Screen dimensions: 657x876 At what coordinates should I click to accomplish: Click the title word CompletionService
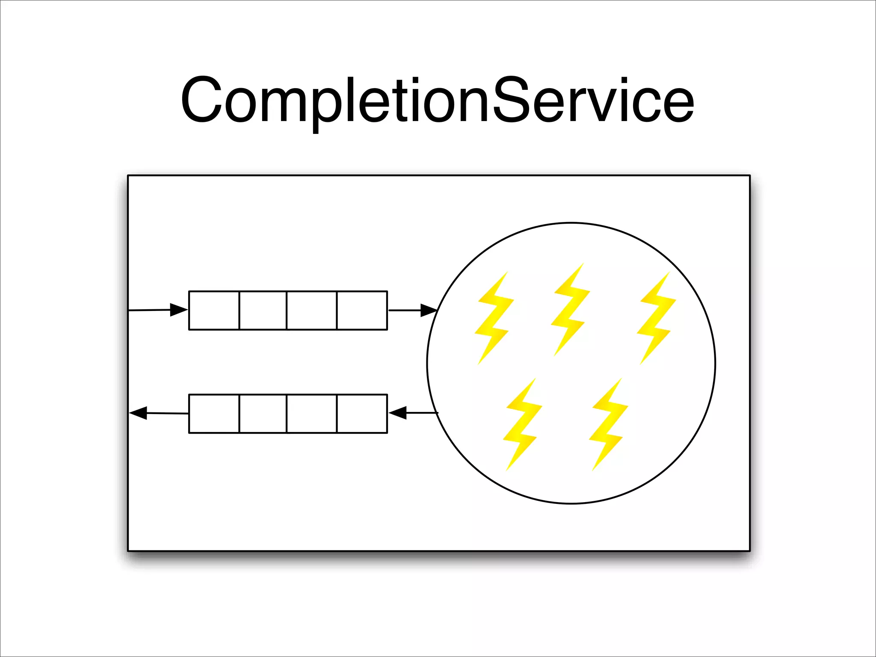tap(437, 101)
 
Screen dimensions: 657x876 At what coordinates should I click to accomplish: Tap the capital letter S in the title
tap(512, 99)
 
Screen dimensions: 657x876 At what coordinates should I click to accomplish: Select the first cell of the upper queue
tap(214, 311)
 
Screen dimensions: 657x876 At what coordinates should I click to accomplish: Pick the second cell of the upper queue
tap(263, 311)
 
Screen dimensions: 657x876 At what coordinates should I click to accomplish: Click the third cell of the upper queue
tap(312, 311)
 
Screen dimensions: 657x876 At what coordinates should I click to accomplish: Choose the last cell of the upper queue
tap(362, 311)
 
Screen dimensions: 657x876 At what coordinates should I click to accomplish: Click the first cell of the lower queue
tap(214, 414)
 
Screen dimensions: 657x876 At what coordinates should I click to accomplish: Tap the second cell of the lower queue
tap(263, 414)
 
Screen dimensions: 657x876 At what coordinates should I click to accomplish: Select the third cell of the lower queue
tap(312, 414)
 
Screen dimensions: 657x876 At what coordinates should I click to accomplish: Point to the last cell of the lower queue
tap(362, 414)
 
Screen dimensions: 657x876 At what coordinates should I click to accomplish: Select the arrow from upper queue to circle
tap(412, 310)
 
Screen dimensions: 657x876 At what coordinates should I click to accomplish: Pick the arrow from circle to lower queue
tap(413, 413)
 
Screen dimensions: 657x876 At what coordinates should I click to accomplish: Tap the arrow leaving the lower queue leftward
tap(158, 413)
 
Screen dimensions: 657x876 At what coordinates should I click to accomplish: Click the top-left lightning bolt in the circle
tap(494, 319)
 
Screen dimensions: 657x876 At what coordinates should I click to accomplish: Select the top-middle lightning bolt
tap(570, 310)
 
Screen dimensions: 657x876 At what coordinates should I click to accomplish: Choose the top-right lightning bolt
tap(656, 319)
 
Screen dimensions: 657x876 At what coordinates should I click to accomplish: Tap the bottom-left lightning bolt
tap(522, 425)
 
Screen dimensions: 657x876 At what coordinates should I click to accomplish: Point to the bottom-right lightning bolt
tap(608, 425)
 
